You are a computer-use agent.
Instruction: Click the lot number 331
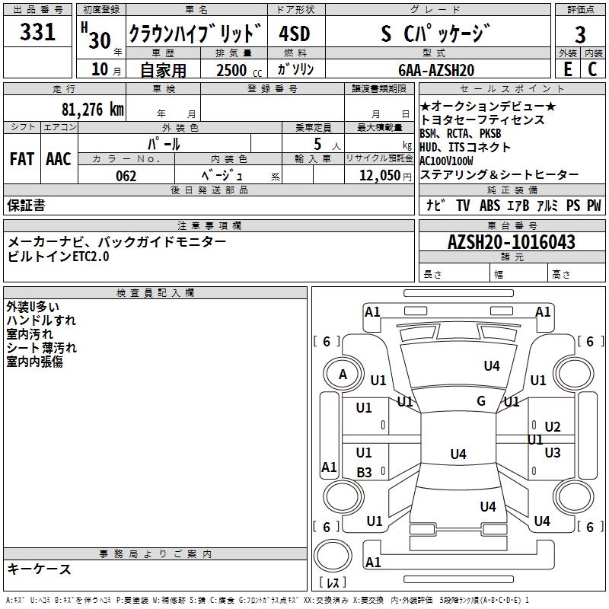[x=37, y=32]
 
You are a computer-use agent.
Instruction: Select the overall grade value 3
[x=580, y=35]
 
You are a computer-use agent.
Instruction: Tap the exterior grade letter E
[x=567, y=69]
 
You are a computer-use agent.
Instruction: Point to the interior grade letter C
[x=592, y=69]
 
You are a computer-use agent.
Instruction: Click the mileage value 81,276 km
[x=93, y=110]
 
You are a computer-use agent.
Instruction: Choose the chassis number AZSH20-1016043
[x=512, y=242]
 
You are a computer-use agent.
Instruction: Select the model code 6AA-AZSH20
[x=436, y=70]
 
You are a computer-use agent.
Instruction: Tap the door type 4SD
[x=295, y=33]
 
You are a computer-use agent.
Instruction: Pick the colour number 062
[x=126, y=176]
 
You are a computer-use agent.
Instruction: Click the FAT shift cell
[x=22, y=159]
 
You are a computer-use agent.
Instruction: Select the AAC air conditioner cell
[x=59, y=159]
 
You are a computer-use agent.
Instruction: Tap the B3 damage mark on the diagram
[x=365, y=472]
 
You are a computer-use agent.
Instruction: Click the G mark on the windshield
[x=481, y=401]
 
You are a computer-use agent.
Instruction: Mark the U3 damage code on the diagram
[x=553, y=452]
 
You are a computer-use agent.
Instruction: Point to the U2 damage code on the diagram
[x=553, y=427]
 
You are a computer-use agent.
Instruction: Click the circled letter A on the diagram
[x=343, y=375]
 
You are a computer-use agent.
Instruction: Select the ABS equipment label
[x=489, y=205]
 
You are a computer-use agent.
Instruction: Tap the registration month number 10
[x=100, y=69]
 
